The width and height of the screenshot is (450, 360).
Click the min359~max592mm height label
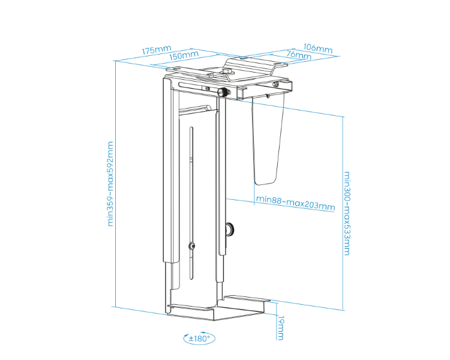click(110, 184)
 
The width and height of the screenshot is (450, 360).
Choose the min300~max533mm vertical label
click(347, 214)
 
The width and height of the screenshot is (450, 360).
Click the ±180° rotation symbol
click(199, 338)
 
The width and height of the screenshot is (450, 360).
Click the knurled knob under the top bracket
click(224, 92)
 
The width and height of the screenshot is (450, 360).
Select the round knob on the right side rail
click(230, 229)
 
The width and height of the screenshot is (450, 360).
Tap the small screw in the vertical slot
click(191, 245)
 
